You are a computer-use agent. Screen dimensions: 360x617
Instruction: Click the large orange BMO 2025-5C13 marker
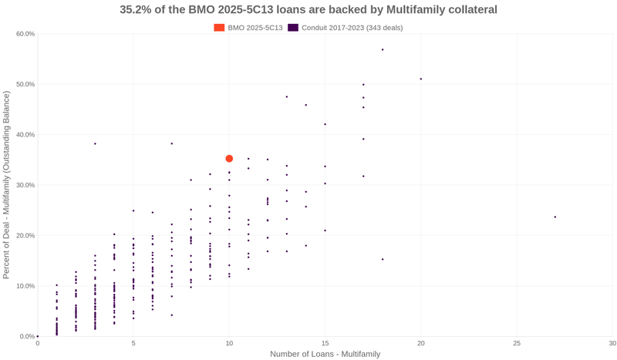click(x=229, y=159)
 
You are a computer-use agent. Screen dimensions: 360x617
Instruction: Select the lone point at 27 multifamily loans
click(x=555, y=217)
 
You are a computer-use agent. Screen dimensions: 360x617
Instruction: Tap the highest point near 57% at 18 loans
click(x=383, y=50)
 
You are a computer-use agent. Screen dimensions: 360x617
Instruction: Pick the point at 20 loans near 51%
click(x=421, y=79)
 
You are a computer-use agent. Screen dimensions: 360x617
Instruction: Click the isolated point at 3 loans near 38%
click(x=95, y=144)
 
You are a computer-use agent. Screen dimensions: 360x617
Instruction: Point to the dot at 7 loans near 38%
click(x=172, y=144)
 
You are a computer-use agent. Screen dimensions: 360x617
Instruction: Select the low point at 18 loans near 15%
click(x=383, y=260)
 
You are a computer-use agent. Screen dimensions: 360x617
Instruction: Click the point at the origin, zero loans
click(x=38, y=337)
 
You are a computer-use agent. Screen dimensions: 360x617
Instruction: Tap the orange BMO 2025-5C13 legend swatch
click(x=219, y=28)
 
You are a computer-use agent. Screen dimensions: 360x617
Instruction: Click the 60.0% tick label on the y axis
click(x=25, y=34)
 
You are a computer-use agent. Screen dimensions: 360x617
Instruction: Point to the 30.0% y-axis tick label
click(x=25, y=185)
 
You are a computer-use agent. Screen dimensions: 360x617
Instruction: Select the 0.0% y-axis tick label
click(x=27, y=337)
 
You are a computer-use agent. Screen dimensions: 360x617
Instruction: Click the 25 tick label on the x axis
click(x=517, y=343)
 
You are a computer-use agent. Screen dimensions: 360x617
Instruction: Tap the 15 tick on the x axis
click(x=325, y=343)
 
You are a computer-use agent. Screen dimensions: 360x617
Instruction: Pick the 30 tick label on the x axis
click(x=612, y=343)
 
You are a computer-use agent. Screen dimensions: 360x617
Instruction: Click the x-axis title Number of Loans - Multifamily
click(x=325, y=355)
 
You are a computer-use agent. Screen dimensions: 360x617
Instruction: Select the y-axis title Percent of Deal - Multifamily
click(x=7, y=185)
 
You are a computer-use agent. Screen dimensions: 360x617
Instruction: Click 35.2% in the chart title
click(x=136, y=10)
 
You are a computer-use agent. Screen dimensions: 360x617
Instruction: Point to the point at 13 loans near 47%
click(x=287, y=97)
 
